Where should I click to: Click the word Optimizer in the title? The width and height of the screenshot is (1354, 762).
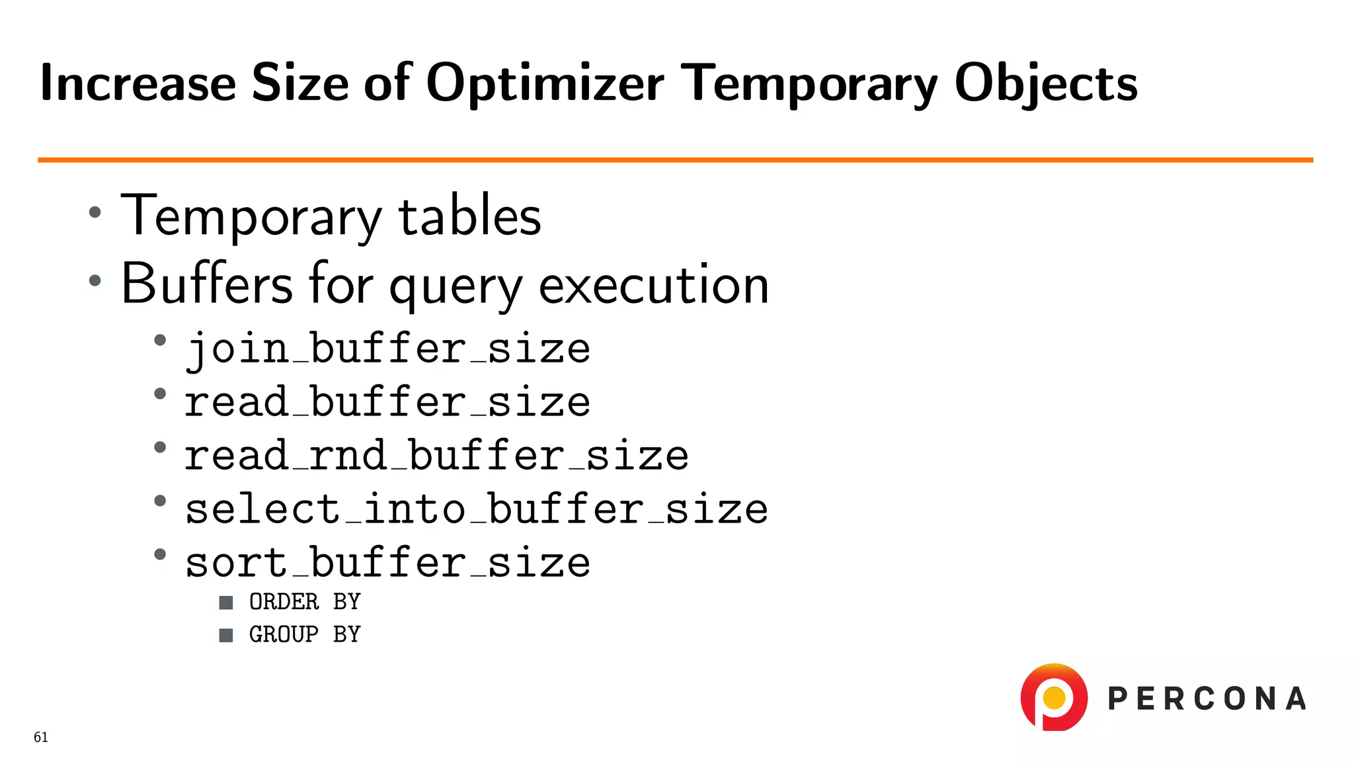pos(545,84)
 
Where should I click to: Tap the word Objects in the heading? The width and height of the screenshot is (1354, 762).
pos(1045,84)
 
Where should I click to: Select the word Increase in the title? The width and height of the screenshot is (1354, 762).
pos(138,83)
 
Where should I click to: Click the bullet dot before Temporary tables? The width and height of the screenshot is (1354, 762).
pos(95,212)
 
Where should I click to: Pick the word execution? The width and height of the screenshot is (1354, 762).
pos(654,284)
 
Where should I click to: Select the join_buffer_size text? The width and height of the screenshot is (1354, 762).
pos(387,349)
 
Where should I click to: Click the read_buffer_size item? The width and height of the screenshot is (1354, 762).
pos(387,402)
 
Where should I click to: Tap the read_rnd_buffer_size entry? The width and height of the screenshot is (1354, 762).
pos(436,456)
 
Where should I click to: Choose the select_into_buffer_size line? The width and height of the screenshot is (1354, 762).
pos(476,509)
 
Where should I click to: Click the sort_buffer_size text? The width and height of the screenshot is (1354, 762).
pos(387,563)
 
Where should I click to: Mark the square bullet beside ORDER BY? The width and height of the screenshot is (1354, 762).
pos(226,603)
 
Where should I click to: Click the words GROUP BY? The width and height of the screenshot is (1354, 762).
pos(305,634)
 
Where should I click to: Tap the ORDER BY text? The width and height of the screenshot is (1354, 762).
pos(305,602)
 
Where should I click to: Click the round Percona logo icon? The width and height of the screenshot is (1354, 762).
pos(1054,698)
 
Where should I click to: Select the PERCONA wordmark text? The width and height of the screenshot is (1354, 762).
pos(1207,699)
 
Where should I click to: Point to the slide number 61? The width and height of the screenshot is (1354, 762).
pos(41,738)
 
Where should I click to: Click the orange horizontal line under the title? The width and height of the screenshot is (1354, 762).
pos(674,160)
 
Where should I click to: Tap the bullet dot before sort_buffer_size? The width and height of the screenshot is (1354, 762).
pos(160,554)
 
